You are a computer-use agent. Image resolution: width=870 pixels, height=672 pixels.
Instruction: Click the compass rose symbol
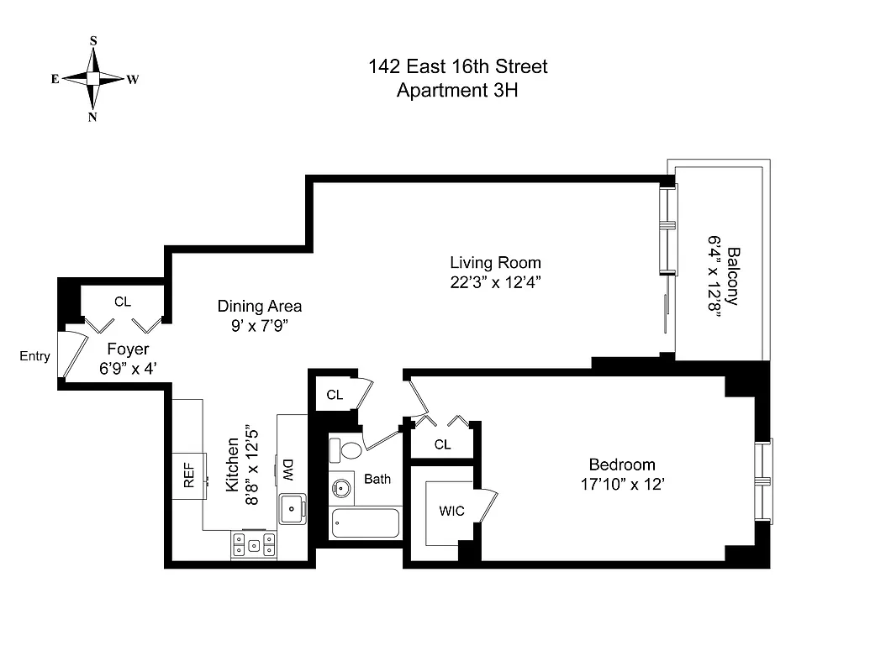pyautogui.click(x=93, y=78)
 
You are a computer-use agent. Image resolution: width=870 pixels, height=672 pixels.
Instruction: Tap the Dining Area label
pyautogui.click(x=259, y=306)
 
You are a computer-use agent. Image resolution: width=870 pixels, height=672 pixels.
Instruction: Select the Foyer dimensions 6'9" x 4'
pyautogui.click(x=128, y=368)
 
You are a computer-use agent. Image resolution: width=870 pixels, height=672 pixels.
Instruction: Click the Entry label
pyautogui.click(x=34, y=356)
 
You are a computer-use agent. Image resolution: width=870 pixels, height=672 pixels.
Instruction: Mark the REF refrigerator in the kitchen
pyautogui.click(x=189, y=476)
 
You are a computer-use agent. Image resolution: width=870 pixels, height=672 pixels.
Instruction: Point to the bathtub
pyautogui.click(x=365, y=522)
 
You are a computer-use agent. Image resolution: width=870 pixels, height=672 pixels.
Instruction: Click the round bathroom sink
pyautogui.click(x=341, y=487)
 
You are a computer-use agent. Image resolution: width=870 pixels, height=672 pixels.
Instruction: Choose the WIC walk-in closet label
pyautogui.click(x=451, y=511)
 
